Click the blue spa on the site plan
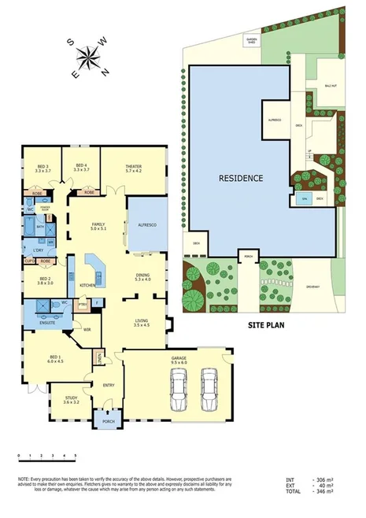click(x=304, y=199)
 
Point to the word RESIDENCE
click(x=240, y=179)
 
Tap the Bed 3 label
click(x=43, y=167)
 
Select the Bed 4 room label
click(x=81, y=167)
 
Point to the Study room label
click(x=71, y=401)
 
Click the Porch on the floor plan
click(x=105, y=424)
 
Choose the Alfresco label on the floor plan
click(x=148, y=225)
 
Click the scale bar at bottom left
click(x=46, y=456)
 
